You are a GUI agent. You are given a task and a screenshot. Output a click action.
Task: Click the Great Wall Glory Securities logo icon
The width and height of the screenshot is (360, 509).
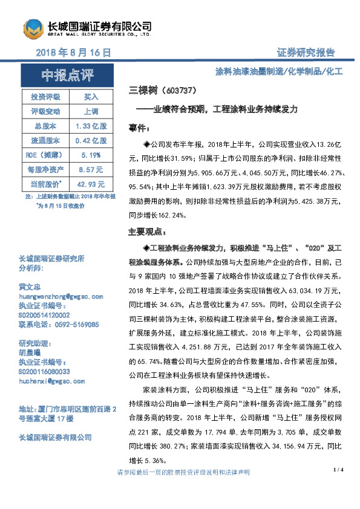point(33,29)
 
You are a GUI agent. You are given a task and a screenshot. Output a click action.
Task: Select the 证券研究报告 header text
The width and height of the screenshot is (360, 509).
point(305,53)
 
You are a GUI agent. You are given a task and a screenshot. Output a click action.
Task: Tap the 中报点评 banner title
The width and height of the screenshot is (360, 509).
point(68,76)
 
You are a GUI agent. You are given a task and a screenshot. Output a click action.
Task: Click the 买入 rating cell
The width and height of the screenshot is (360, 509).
point(90,97)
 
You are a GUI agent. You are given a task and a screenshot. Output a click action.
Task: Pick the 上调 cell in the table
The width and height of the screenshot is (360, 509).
point(90,111)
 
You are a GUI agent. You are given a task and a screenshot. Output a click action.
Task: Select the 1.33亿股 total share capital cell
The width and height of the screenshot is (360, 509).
point(90,126)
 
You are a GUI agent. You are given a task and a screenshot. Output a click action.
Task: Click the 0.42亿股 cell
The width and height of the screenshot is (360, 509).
point(90,140)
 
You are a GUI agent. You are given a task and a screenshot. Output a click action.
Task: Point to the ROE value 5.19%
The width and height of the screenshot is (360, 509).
point(90,155)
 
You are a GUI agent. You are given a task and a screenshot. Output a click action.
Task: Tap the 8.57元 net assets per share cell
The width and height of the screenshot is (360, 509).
point(90,169)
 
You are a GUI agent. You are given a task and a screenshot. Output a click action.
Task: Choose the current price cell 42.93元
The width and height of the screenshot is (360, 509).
point(90,184)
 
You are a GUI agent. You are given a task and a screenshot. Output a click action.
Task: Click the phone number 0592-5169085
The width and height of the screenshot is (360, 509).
point(74,324)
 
